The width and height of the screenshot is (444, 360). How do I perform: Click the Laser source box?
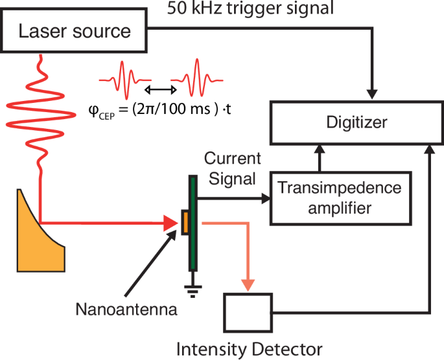tap(75, 31)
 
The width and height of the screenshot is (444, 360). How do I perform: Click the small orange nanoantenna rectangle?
tap(185, 221)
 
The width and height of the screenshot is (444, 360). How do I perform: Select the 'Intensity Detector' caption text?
tap(250, 350)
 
